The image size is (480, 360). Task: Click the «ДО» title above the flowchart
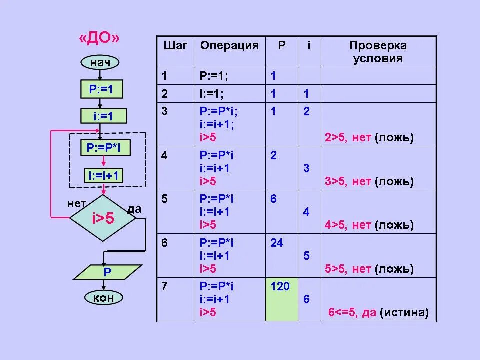[x=100, y=40]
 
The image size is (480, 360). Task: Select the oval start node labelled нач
[x=100, y=62]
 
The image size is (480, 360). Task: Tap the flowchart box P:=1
[x=101, y=89]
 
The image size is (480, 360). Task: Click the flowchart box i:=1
[x=103, y=116]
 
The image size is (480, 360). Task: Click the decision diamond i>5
[x=103, y=218]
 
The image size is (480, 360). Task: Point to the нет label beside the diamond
[x=76, y=204]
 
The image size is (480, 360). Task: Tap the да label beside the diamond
[x=134, y=209]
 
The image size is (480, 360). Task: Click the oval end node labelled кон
[x=103, y=298]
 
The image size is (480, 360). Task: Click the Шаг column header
[x=175, y=46]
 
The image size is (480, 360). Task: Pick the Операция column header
[x=229, y=46]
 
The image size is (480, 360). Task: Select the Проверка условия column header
[x=378, y=52]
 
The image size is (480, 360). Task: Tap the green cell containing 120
[x=282, y=299]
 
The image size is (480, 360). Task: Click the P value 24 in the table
[x=276, y=243]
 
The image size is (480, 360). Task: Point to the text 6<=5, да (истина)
[x=378, y=313]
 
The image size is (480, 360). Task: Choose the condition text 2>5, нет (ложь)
[x=369, y=138]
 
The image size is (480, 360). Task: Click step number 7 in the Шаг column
[x=165, y=286]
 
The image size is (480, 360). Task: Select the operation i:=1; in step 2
[x=212, y=94]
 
